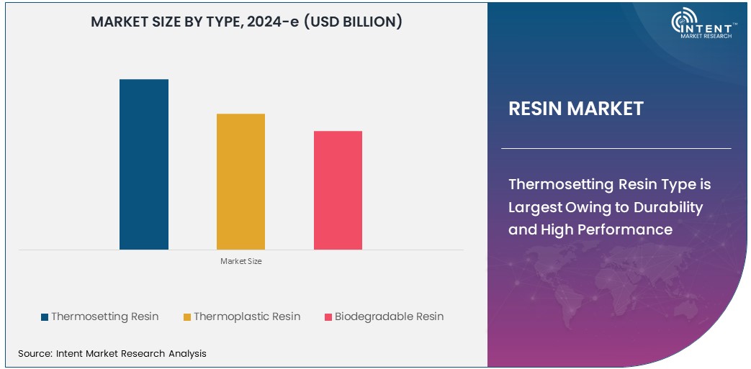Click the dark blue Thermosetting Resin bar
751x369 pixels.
coord(144,164)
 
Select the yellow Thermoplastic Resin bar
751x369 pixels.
coord(240,181)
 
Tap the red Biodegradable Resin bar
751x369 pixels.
coord(338,190)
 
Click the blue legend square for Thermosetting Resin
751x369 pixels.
coord(45,317)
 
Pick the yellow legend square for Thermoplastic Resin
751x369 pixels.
coord(187,317)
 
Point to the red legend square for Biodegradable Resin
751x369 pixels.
coord(328,317)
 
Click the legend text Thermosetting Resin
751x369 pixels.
coord(105,316)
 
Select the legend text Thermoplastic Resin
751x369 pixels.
coord(247,316)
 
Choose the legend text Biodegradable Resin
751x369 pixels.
coord(389,316)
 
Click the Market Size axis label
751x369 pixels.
coord(241,261)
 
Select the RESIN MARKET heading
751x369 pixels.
coord(576,109)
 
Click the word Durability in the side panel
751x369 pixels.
coord(667,207)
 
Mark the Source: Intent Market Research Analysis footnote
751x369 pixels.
coord(112,353)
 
